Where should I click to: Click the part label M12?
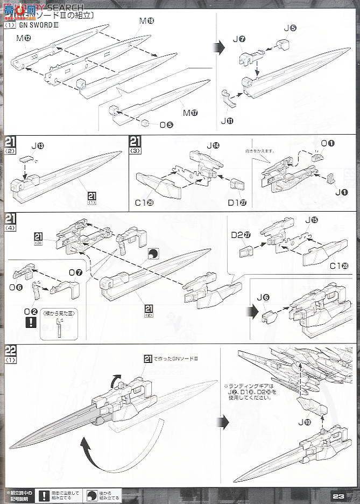pyautogui.click(x=23, y=38)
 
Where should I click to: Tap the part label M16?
pyautogui.click(x=146, y=21)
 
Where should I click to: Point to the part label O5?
pyautogui.click(x=166, y=125)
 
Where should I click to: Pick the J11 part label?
pyautogui.click(x=227, y=121)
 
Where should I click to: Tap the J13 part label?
pyautogui.click(x=38, y=146)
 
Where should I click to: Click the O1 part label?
pyautogui.click(x=328, y=143)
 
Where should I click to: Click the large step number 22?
pyautogui.click(x=10, y=350)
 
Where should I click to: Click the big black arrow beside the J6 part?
pyautogui.click(x=251, y=311)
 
